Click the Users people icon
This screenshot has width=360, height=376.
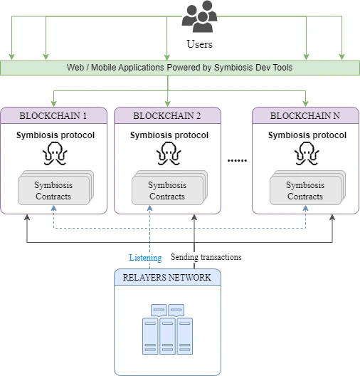[x=199, y=17]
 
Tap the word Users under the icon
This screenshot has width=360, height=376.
[x=199, y=44]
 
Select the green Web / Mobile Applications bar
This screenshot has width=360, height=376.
[x=179, y=68]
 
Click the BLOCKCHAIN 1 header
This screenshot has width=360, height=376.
[x=53, y=116]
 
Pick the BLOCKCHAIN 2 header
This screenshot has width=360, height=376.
[x=168, y=116]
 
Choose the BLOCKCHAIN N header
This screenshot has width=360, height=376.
[x=305, y=116]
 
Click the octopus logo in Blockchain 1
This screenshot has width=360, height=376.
[x=55, y=154]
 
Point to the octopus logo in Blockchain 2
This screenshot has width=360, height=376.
[x=169, y=154]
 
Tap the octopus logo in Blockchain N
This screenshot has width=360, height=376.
[x=307, y=154]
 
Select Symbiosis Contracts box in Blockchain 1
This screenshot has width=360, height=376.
[x=54, y=191]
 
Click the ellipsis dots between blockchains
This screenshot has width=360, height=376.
[x=236, y=161]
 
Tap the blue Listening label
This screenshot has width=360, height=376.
[x=145, y=258]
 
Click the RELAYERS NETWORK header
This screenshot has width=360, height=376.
[x=168, y=277]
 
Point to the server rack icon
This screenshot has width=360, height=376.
[x=167, y=328]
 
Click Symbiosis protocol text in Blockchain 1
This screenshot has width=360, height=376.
[x=55, y=135]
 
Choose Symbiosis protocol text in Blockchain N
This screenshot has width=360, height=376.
[x=307, y=135]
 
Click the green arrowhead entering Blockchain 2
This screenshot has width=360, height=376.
[x=168, y=103]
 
